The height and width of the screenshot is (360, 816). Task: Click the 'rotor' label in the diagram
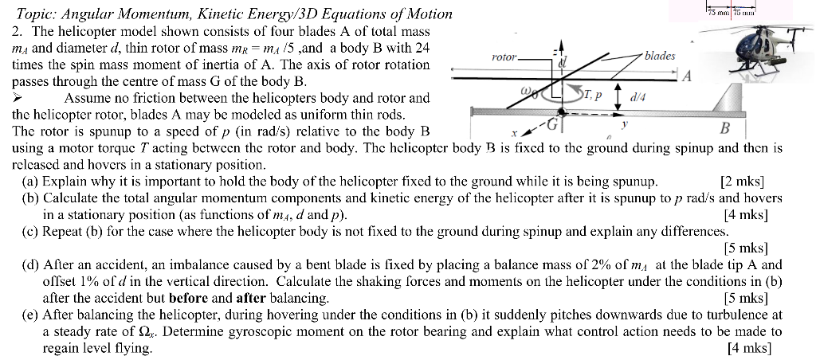click(x=504, y=58)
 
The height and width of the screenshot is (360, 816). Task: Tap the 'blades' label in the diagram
click(x=659, y=56)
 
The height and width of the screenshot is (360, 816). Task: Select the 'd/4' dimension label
click(x=638, y=99)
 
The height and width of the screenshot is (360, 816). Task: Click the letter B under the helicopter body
click(x=724, y=129)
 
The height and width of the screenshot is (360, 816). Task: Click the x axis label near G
click(x=515, y=134)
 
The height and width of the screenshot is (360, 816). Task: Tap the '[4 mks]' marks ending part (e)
click(x=749, y=348)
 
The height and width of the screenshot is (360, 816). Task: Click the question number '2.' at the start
click(x=17, y=31)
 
